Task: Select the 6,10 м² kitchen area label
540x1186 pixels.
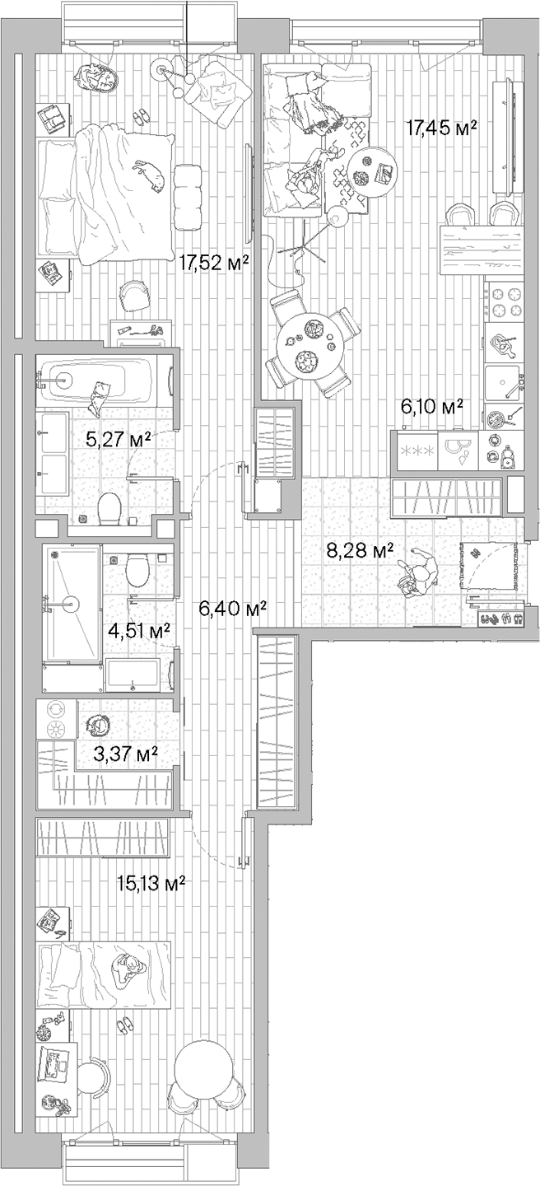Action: tap(431, 406)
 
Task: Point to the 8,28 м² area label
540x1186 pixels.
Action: tap(360, 550)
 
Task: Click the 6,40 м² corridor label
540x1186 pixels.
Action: tap(234, 609)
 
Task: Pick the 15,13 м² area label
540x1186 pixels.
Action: tap(151, 884)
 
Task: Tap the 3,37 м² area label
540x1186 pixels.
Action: tap(127, 752)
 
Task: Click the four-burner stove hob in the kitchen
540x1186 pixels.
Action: tap(505, 302)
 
